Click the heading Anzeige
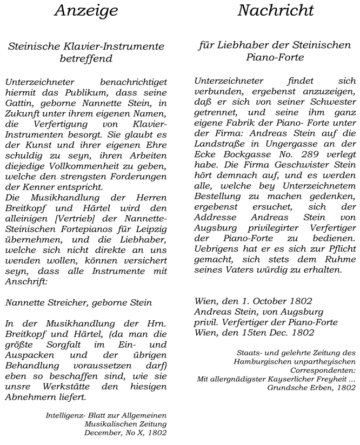coord(86,11)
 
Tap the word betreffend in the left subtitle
coord(86,58)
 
